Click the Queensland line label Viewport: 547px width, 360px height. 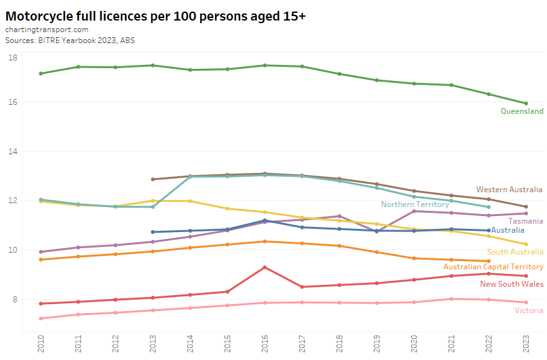[x=522, y=111]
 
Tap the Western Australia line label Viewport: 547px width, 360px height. [x=510, y=190]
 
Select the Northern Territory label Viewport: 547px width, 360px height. [x=414, y=204]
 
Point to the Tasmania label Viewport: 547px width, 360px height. [x=526, y=221]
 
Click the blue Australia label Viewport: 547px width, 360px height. [x=507, y=230]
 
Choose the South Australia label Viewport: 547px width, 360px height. [x=515, y=252]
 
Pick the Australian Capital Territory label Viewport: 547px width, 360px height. [x=493, y=267]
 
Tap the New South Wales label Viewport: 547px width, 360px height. [x=512, y=284]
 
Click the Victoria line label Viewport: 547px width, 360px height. [x=529, y=311]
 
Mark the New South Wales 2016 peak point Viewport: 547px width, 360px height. [x=264, y=267]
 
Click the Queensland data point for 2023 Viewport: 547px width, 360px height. [x=526, y=104]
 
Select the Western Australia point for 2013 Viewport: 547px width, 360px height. [x=153, y=179]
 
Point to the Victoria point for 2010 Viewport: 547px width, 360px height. [x=41, y=318]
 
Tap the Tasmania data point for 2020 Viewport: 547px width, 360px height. [x=414, y=211]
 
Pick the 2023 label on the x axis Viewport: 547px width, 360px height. [x=526, y=344]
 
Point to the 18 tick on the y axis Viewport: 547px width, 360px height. [x=13, y=58]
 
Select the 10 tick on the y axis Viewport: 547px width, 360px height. [x=13, y=250]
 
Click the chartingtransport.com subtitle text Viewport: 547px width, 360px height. [x=46, y=30]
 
